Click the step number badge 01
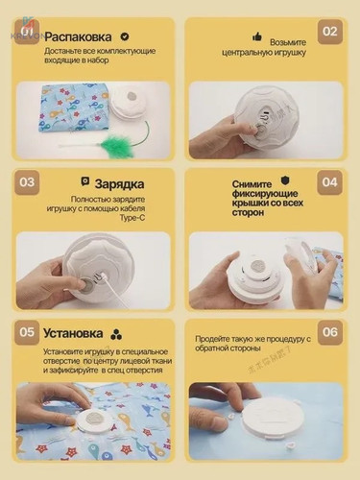tap(28, 31)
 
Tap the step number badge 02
tap(329, 31)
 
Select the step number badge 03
tap(28, 181)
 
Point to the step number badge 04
tap(329, 181)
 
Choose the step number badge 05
tap(28, 332)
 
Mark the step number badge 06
tap(329, 332)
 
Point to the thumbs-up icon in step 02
tap(256, 36)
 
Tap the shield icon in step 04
tap(285, 179)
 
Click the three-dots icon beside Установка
tap(116, 333)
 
